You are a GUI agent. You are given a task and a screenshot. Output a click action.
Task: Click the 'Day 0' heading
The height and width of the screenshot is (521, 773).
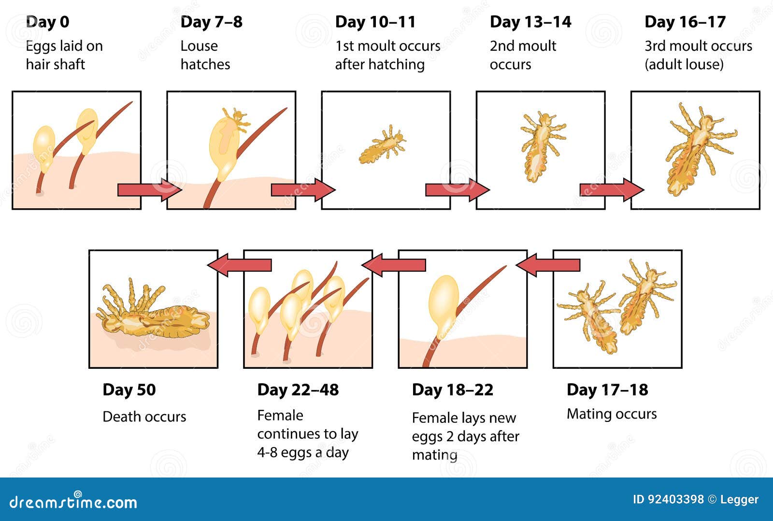(48, 22)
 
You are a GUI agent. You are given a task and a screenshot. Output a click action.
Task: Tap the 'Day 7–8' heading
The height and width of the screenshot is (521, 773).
(212, 22)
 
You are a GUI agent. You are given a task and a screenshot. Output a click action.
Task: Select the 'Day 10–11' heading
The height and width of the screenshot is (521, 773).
(375, 22)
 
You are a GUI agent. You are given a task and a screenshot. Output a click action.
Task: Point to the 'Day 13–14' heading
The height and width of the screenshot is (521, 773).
(531, 22)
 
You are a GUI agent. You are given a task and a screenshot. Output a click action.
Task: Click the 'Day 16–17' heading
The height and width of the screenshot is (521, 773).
(686, 22)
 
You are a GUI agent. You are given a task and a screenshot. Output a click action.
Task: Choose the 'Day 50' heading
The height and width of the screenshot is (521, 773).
(129, 390)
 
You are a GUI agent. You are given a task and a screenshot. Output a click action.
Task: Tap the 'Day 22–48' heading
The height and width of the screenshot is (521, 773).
(298, 390)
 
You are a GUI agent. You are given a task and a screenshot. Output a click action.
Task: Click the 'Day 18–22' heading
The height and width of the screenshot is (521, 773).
(453, 390)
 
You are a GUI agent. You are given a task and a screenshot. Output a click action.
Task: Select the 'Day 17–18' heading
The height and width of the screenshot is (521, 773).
(607, 390)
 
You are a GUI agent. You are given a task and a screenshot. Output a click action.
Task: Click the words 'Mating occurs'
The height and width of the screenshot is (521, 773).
(612, 414)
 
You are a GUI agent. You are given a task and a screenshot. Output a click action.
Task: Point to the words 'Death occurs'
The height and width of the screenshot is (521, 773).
(144, 417)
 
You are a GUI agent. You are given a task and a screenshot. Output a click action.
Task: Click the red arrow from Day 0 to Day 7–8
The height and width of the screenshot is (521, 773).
(150, 189)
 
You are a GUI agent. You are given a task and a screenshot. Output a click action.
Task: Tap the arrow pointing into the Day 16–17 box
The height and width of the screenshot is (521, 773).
(612, 189)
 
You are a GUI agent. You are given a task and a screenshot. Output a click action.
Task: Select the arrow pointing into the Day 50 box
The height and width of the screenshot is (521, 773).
(239, 265)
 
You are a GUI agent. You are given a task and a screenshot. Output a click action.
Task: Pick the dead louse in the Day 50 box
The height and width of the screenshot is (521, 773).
(153, 313)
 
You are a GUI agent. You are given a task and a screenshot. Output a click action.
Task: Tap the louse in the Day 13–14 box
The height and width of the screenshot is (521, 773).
(542, 146)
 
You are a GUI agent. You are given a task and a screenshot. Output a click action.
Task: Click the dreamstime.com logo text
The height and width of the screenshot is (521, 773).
(73, 502)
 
